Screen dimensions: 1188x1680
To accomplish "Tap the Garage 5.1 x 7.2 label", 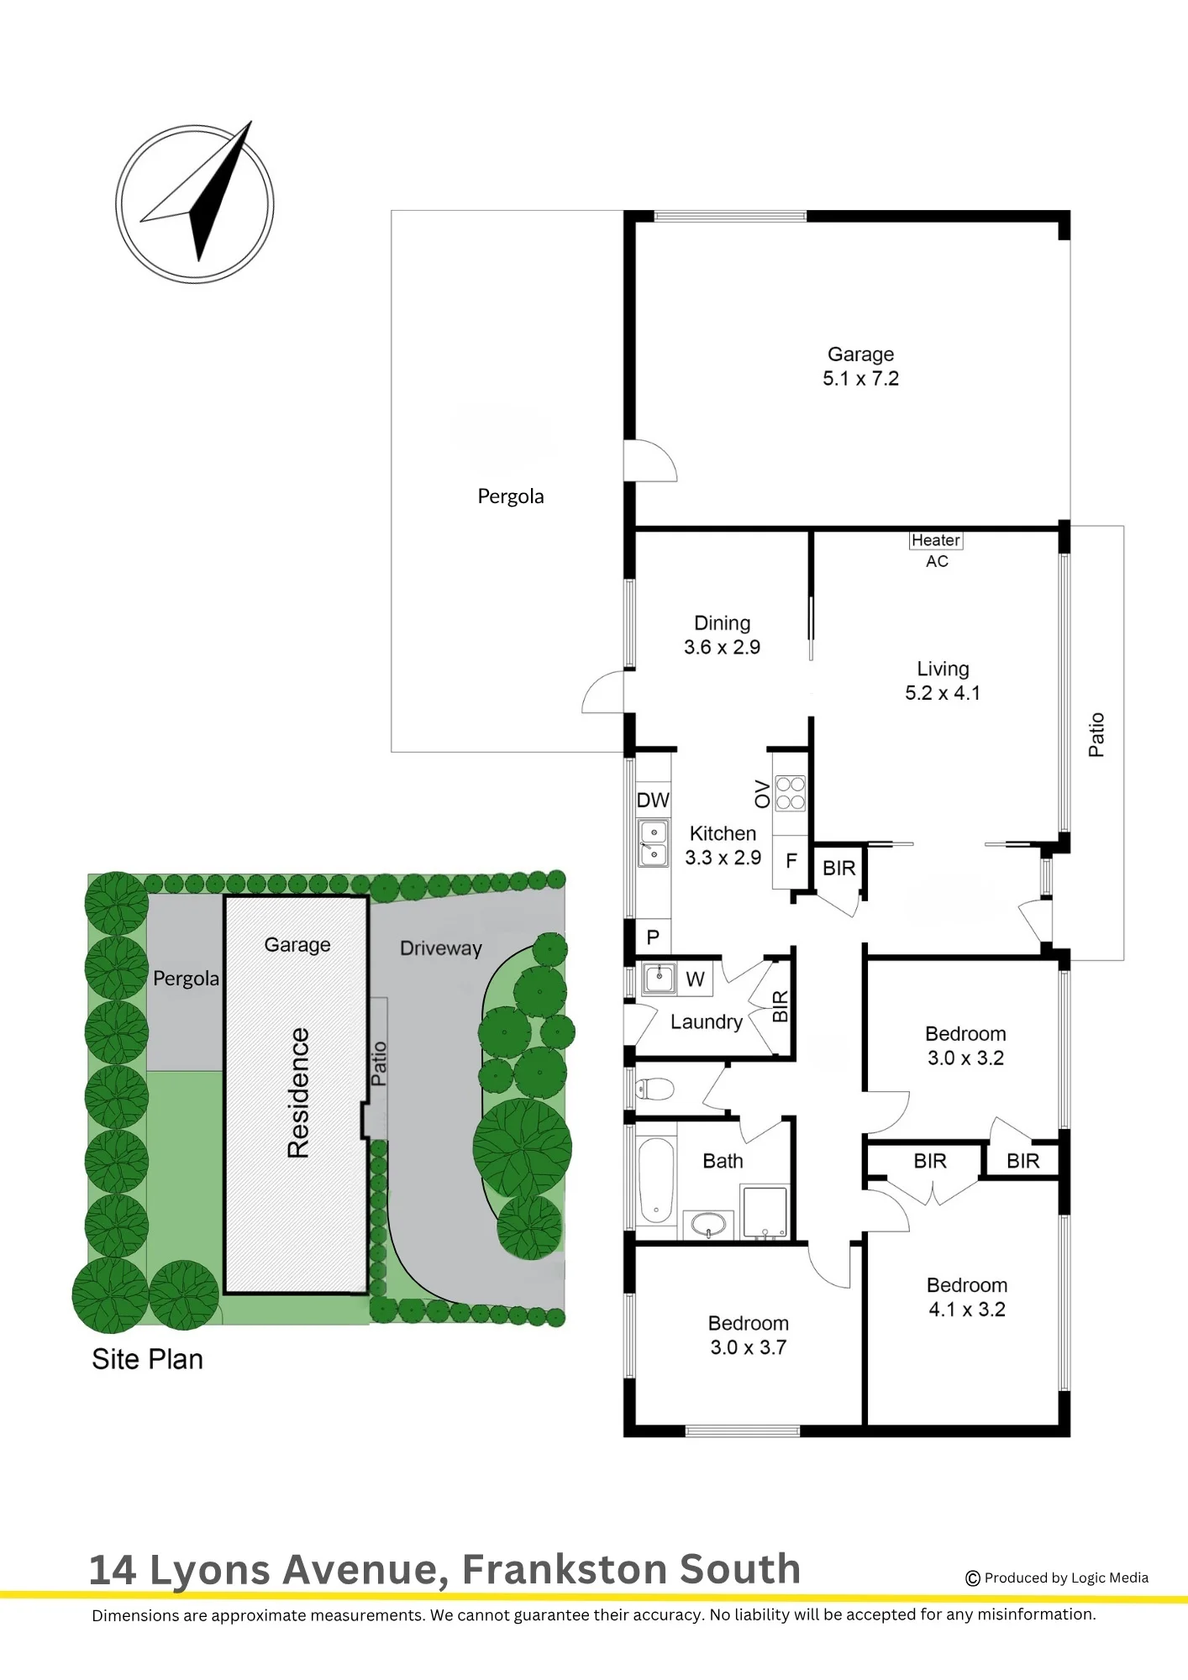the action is click(x=860, y=366).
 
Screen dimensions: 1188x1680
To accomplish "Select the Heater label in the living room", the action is click(x=936, y=540).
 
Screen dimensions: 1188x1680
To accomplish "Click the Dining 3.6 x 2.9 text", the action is click(x=722, y=635).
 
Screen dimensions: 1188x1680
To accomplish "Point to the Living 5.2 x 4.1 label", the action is click(x=943, y=680).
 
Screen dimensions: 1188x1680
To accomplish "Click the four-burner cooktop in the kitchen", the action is click(x=790, y=793).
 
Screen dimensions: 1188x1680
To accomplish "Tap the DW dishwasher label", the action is click(x=653, y=800).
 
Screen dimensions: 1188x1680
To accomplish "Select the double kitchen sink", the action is click(x=654, y=843).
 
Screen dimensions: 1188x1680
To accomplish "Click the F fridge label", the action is click(x=791, y=860).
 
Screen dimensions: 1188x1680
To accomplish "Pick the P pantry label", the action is click(x=653, y=937).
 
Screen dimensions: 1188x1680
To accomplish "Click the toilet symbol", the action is click(x=654, y=1089).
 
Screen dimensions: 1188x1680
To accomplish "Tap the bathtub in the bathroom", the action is click(x=656, y=1180).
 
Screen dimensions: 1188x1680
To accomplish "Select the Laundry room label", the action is click(x=707, y=1022).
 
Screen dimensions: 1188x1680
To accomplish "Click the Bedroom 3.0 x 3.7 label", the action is click(x=749, y=1335).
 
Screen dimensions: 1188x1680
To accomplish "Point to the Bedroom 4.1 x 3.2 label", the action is click(x=967, y=1297).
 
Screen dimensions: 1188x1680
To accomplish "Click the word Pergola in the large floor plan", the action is click(x=511, y=496).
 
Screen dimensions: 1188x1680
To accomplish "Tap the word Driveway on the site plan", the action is click(x=441, y=948).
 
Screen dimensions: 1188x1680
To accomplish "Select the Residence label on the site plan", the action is click(x=298, y=1093).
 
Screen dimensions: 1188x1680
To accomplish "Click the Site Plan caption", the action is click(x=148, y=1359).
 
